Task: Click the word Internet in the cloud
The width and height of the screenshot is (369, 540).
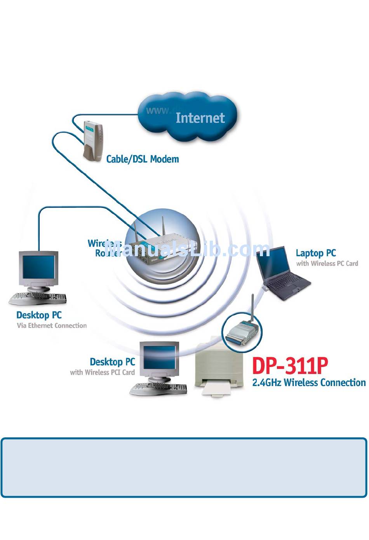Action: tap(200, 118)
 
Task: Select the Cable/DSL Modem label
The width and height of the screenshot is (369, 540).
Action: tap(143, 159)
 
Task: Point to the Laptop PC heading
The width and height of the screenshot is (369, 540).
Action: tap(316, 253)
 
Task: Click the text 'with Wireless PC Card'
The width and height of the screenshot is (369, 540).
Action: tap(327, 264)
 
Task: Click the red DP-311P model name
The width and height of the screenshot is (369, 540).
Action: tap(290, 366)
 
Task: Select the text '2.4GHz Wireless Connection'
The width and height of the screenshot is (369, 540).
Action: tap(309, 383)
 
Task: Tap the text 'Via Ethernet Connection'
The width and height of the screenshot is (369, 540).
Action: tap(52, 326)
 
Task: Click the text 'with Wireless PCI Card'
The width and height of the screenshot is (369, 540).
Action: tap(102, 372)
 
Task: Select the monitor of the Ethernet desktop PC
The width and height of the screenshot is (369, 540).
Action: tap(38, 268)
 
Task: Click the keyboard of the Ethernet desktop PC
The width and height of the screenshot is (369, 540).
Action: tap(37, 299)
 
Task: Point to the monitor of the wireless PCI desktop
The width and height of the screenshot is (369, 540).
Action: tap(160, 357)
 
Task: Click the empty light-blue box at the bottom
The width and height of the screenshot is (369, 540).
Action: tap(184, 468)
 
